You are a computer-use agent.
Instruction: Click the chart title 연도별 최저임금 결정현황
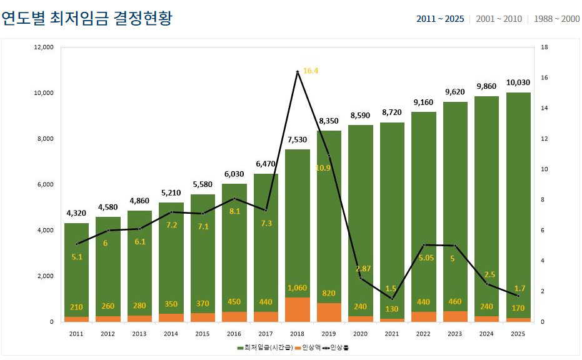(87, 18)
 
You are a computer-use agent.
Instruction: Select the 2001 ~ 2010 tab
(498, 19)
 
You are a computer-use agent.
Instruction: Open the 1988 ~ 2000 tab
(556, 19)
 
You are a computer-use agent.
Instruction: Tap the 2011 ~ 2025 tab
(440, 19)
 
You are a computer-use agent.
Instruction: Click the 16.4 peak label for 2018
(311, 71)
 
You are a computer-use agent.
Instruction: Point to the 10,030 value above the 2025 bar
(518, 82)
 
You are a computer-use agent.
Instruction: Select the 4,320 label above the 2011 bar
(77, 213)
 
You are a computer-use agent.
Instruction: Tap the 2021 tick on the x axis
(392, 334)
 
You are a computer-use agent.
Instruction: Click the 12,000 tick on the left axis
(44, 47)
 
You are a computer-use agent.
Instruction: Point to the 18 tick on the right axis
(544, 47)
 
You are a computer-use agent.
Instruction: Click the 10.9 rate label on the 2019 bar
(323, 167)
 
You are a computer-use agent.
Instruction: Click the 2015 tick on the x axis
(203, 334)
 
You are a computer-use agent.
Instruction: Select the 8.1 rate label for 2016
(234, 211)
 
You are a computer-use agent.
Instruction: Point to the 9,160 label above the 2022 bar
(423, 102)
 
